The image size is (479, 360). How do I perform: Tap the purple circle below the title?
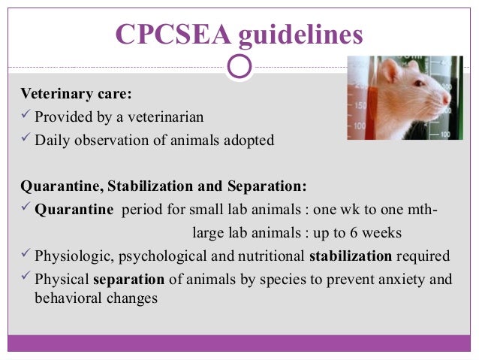[239, 66]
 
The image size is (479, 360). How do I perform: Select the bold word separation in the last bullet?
[128, 279]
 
